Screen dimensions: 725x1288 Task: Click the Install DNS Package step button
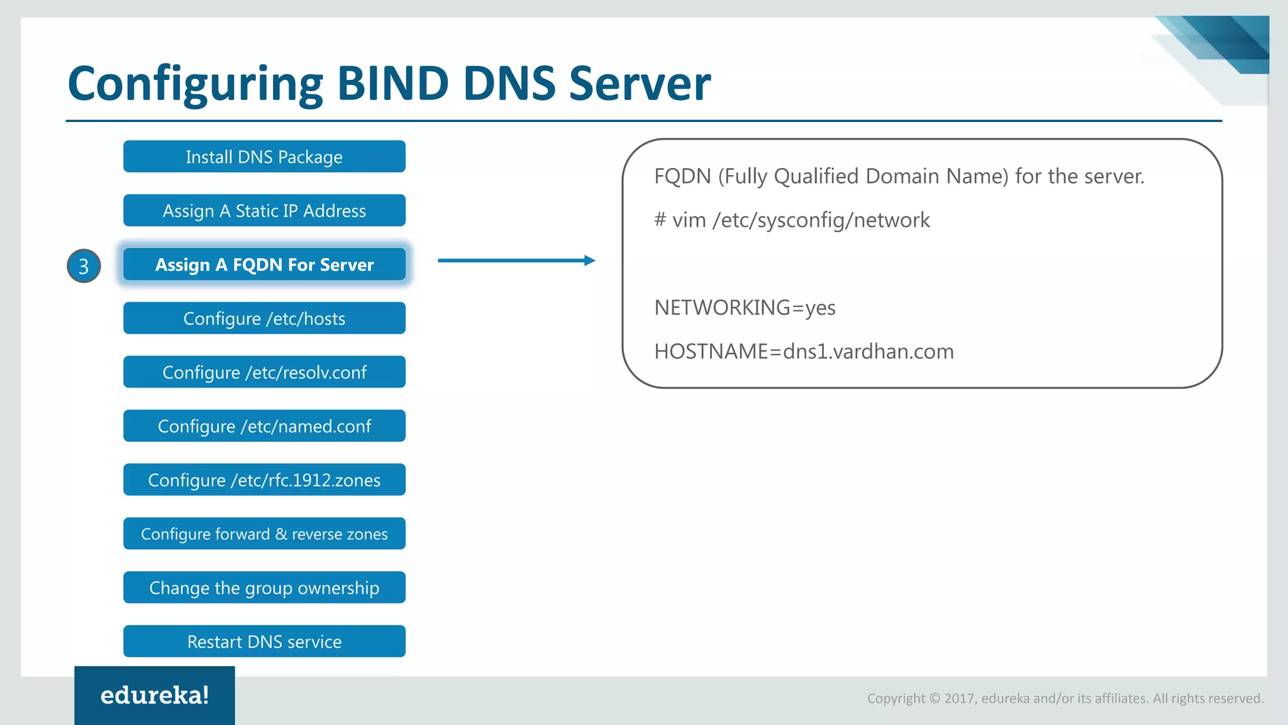point(264,157)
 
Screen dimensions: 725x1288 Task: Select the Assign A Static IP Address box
point(264,210)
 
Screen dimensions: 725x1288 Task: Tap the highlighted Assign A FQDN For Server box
point(264,264)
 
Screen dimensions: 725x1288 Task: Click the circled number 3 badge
point(84,266)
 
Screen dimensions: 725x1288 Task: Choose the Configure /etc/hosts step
point(264,318)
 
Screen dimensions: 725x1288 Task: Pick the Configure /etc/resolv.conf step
point(264,372)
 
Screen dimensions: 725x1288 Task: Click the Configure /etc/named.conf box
point(264,426)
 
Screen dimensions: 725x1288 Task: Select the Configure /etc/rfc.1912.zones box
point(264,480)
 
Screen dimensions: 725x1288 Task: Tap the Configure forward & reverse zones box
point(264,534)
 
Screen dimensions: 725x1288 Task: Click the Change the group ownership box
point(264,587)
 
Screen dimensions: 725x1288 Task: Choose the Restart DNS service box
point(264,641)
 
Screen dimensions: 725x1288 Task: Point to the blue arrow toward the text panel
point(516,261)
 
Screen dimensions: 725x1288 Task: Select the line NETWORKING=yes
point(745,308)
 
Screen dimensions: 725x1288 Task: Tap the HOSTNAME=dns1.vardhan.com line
point(804,351)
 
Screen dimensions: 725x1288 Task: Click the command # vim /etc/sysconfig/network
point(791,220)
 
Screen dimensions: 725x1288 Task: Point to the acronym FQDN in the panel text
point(682,176)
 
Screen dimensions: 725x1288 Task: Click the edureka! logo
point(155,695)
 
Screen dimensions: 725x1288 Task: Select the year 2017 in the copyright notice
point(959,699)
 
